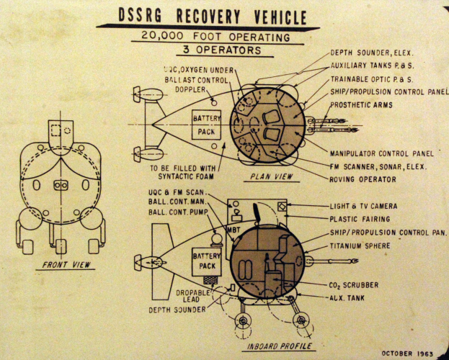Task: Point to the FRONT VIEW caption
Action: pyautogui.click(x=66, y=265)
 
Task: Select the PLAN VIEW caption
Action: pyautogui.click(x=271, y=177)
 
